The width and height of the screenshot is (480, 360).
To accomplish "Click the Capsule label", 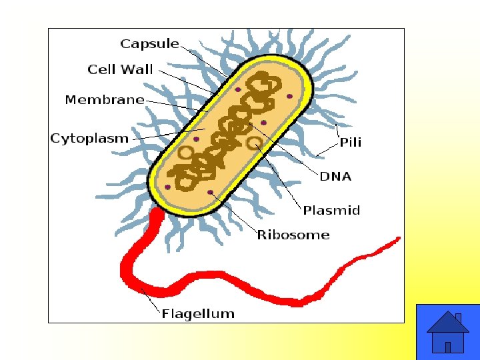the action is click(x=149, y=44).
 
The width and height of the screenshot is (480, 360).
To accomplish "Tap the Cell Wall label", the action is click(x=120, y=69).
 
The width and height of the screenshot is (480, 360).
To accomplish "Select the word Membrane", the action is click(x=105, y=100).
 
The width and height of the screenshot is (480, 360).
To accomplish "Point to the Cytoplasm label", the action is click(x=89, y=139).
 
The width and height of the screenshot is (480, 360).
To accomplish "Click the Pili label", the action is click(x=351, y=142).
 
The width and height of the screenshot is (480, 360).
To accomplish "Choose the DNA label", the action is click(x=335, y=177).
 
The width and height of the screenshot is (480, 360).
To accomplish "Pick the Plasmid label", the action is click(x=331, y=211).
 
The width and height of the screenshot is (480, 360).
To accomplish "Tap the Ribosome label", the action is click(x=293, y=235).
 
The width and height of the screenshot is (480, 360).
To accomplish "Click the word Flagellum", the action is click(x=198, y=313).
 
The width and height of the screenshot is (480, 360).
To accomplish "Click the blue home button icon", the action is click(x=447, y=332).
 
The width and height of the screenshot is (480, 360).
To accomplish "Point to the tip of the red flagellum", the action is click(x=397, y=238).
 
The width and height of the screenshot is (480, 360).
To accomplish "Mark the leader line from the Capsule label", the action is click(x=207, y=63).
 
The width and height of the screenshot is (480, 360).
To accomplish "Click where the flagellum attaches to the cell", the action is click(x=157, y=213).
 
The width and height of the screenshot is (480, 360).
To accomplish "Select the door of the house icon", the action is click(x=448, y=347).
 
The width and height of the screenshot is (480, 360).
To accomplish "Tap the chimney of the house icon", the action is click(x=458, y=318).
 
